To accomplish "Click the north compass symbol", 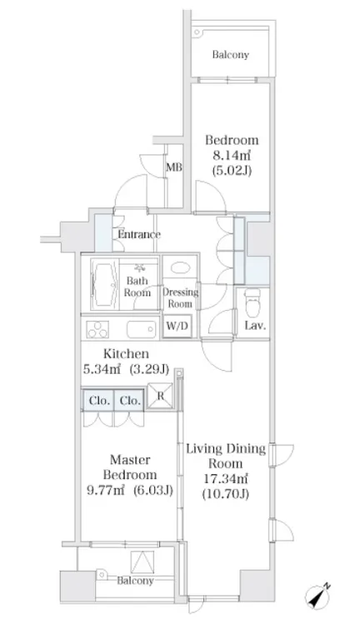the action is [x=317, y=596].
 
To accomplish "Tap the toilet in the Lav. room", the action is [x=252, y=302].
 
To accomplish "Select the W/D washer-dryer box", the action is [x=177, y=326].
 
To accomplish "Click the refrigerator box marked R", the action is [x=159, y=395].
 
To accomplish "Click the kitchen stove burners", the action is [x=97, y=329].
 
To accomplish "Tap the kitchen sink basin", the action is [x=141, y=329].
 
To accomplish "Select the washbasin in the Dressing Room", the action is [x=179, y=268].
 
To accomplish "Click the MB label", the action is [x=174, y=167].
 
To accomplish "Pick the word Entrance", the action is [x=138, y=234].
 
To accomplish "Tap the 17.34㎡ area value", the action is [x=226, y=478].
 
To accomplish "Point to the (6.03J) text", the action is [x=152, y=491].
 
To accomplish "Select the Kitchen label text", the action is [x=126, y=353].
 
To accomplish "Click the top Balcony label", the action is [x=230, y=55].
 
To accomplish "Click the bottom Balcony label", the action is [x=135, y=581].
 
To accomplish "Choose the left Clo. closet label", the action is [x=99, y=401].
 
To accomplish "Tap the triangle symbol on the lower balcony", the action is [x=142, y=562].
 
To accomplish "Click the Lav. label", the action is [x=256, y=325].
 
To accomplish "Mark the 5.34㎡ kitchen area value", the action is [x=102, y=369].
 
